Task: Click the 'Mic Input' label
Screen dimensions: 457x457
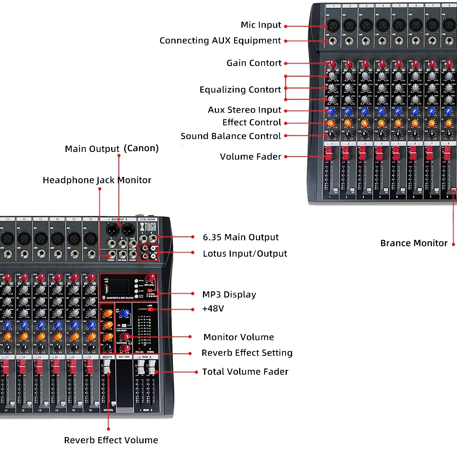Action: (x=261, y=25)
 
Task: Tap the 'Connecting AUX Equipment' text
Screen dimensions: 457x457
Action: (x=220, y=41)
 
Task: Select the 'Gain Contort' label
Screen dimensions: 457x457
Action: (x=254, y=63)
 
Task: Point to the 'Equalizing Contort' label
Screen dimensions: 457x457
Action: (x=240, y=90)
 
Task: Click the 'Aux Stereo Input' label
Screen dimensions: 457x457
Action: (x=244, y=110)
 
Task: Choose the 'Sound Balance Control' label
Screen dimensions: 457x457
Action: (x=231, y=136)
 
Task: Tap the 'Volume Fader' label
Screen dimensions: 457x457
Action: (x=251, y=157)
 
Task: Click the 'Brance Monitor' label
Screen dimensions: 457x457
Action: (x=414, y=243)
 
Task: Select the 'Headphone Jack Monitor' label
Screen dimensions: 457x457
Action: (x=97, y=180)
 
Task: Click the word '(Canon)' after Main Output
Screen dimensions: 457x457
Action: (x=141, y=148)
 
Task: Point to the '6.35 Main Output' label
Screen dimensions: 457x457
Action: (x=241, y=238)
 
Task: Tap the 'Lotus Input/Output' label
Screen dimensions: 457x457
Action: (x=245, y=254)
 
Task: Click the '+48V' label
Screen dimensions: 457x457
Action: (x=213, y=309)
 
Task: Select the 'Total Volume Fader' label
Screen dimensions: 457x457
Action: (x=245, y=372)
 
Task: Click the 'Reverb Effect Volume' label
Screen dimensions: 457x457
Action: (x=111, y=440)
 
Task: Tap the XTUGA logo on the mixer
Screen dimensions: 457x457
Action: (x=148, y=227)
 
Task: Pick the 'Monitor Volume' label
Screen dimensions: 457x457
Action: (x=239, y=337)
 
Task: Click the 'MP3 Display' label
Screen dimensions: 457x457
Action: (x=229, y=295)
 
